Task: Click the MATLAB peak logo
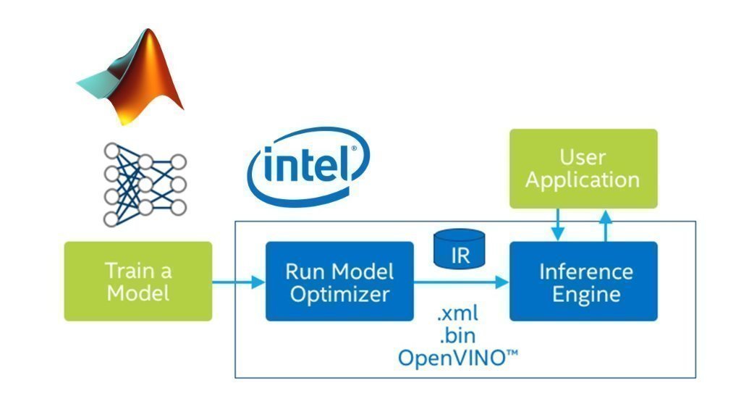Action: (134, 76)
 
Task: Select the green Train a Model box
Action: (138, 282)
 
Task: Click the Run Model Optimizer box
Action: (339, 282)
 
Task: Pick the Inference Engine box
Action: (584, 282)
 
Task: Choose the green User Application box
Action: (583, 169)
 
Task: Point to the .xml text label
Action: (457, 316)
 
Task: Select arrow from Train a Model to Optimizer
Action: (238, 282)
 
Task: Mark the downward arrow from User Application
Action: (557, 225)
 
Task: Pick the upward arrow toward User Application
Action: (606, 224)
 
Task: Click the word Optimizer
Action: (339, 294)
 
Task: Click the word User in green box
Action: (583, 156)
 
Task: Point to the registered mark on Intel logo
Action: (354, 150)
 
